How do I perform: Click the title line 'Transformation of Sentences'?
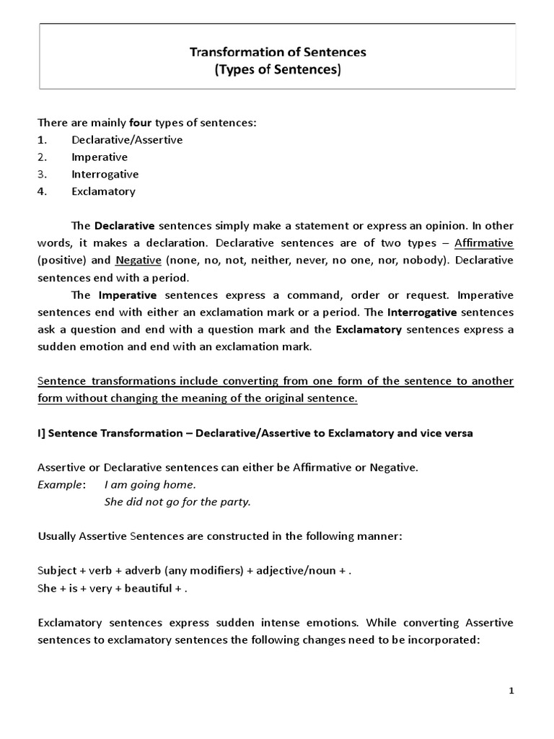278,52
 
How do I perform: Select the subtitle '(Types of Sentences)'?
278,70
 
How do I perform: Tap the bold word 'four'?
140,123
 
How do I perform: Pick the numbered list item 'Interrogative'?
105,175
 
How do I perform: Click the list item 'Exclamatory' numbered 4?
103,192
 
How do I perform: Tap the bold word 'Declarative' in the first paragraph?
125,225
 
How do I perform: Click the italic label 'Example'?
60,485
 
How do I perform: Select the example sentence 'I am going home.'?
150,485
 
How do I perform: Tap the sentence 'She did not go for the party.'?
177,502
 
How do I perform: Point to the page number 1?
511,691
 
